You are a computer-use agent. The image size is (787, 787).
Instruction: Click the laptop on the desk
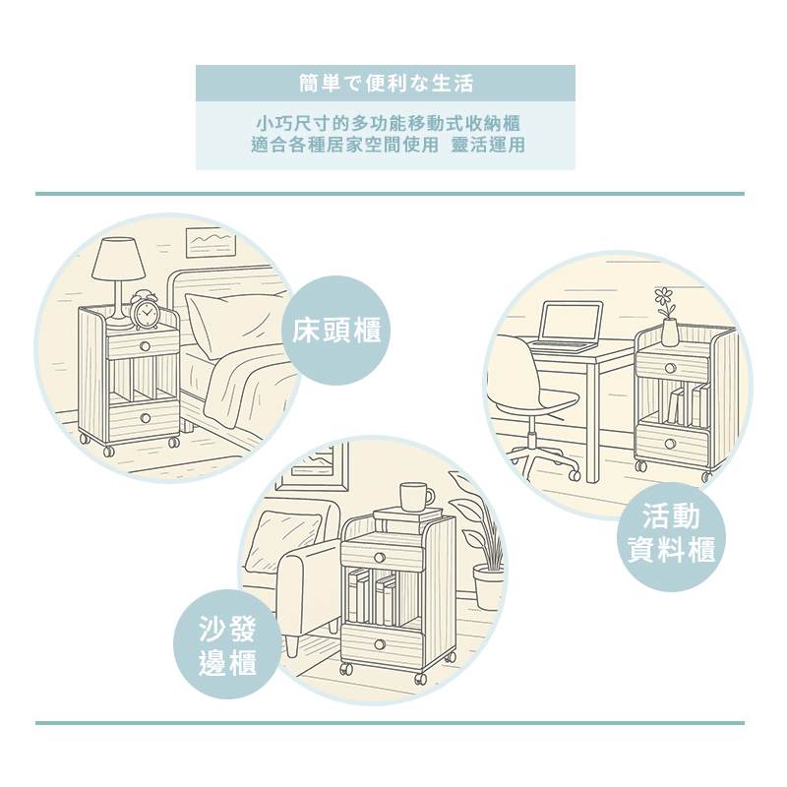coord(568,327)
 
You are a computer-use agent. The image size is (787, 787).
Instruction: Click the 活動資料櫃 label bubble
coord(672,533)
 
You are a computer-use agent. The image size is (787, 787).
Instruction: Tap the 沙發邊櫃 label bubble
coord(227,644)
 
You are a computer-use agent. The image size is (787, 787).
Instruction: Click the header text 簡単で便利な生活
coord(386,83)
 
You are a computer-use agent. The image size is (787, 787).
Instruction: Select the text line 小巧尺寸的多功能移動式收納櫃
coord(386,124)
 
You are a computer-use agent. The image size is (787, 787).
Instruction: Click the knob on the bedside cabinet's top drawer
coord(144,345)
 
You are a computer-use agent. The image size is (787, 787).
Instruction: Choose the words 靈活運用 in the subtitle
coord(488,145)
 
